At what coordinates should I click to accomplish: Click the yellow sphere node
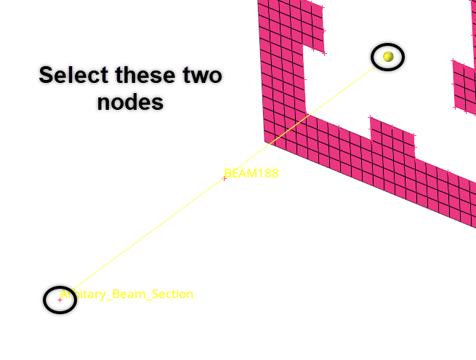(x=388, y=56)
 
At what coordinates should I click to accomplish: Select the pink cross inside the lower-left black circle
(x=60, y=300)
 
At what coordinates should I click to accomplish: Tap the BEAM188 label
(x=252, y=173)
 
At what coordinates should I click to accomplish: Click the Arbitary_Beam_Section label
(x=127, y=295)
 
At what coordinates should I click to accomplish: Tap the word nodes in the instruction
(x=131, y=103)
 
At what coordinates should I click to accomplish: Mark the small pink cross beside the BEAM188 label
(x=224, y=178)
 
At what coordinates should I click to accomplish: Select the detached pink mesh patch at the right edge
(x=464, y=86)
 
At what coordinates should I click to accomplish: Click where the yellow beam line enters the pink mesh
(x=306, y=116)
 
